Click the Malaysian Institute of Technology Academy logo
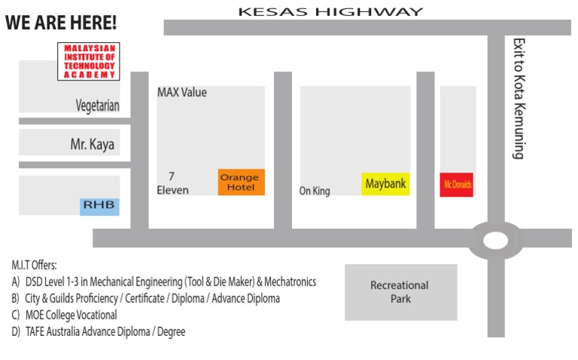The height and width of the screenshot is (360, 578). click(89, 62)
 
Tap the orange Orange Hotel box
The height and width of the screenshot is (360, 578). click(241, 182)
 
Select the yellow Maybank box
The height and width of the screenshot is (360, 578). click(385, 183)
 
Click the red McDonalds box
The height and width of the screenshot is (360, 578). click(457, 184)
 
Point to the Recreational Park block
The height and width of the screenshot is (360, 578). click(400, 291)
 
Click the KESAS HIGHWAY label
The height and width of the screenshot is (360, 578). click(330, 11)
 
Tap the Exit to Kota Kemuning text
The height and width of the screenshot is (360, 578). click(518, 99)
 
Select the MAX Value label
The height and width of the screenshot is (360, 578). click(181, 93)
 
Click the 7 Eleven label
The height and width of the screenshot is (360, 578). click(173, 183)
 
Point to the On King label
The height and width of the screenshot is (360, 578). click(315, 191)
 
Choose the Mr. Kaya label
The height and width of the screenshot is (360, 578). click(93, 144)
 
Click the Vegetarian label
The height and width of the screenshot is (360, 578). click(97, 106)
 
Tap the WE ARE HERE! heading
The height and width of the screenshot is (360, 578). click(61, 23)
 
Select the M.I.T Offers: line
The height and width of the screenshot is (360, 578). click(35, 266)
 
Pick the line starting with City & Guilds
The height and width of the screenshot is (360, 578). click(145, 298)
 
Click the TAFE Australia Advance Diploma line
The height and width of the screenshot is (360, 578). click(98, 331)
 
